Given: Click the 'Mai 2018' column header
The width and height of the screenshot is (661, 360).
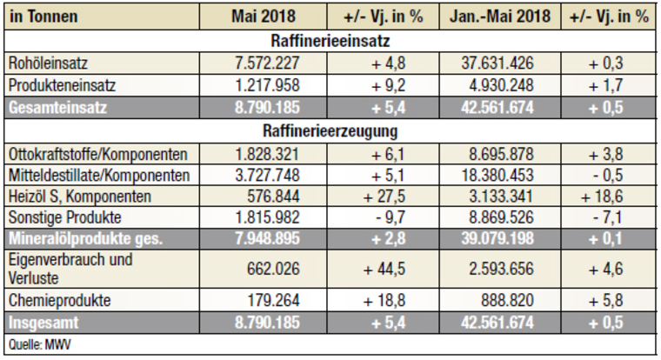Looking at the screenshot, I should pyautogui.click(x=264, y=15).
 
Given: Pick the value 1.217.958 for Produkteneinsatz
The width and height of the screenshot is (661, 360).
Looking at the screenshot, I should pyautogui.click(x=264, y=85).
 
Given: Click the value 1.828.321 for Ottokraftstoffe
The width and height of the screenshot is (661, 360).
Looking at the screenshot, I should pyautogui.click(x=264, y=154).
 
